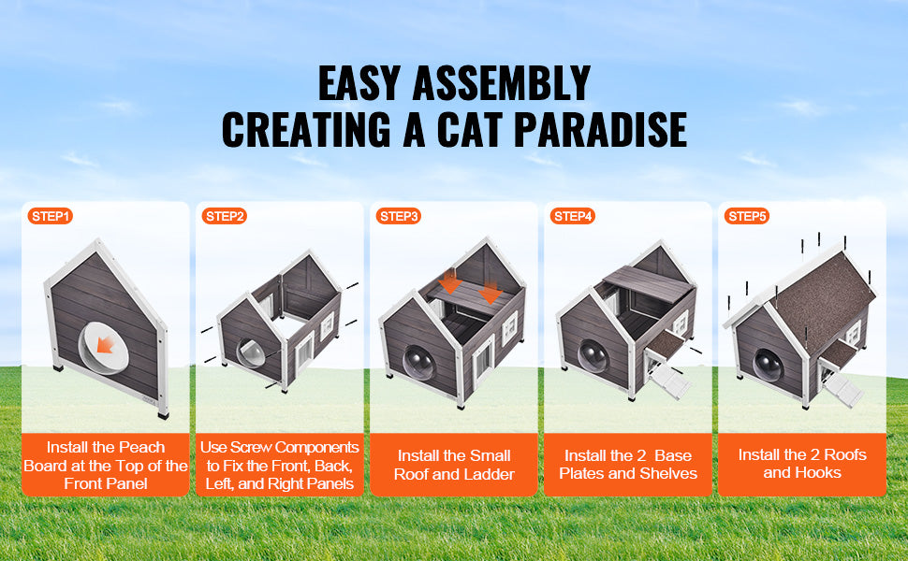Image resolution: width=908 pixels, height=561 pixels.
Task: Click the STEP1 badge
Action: (x=50, y=216)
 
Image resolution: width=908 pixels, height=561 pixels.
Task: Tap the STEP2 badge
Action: (x=224, y=216)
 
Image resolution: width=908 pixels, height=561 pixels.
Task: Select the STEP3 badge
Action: (x=399, y=216)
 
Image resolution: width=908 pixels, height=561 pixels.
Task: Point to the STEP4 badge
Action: (x=573, y=216)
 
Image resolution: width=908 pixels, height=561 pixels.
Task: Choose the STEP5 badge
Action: (x=747, y=216)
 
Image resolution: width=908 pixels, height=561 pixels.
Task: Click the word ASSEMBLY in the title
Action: (x=502, y=83)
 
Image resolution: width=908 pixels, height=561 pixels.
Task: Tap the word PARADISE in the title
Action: (x=600, y=129)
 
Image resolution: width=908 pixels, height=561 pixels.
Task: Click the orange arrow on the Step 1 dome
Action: (x=106, y=345)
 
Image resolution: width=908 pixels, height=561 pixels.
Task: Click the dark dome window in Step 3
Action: (x=418, y=363)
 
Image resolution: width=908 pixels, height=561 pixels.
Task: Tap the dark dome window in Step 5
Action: (x=768, y=366)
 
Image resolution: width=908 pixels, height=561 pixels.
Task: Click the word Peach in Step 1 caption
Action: (x=142, y=447)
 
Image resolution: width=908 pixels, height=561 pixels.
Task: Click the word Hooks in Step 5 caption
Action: (x=821, y=472)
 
